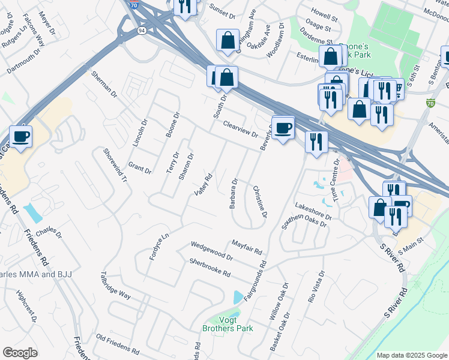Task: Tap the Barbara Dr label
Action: point(234,193)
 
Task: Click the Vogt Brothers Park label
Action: point(228,324)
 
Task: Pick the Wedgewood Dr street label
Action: point(211,250)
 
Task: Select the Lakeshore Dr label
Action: point(313,211)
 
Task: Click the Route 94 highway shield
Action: point(141,31)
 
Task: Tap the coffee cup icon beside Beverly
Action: point(283,127)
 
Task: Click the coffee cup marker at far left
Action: point(21,136)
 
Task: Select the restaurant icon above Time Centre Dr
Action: point(316,142)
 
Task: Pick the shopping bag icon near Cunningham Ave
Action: point(228,41)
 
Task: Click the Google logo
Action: point(20,353)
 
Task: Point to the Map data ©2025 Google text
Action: point(412,355)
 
